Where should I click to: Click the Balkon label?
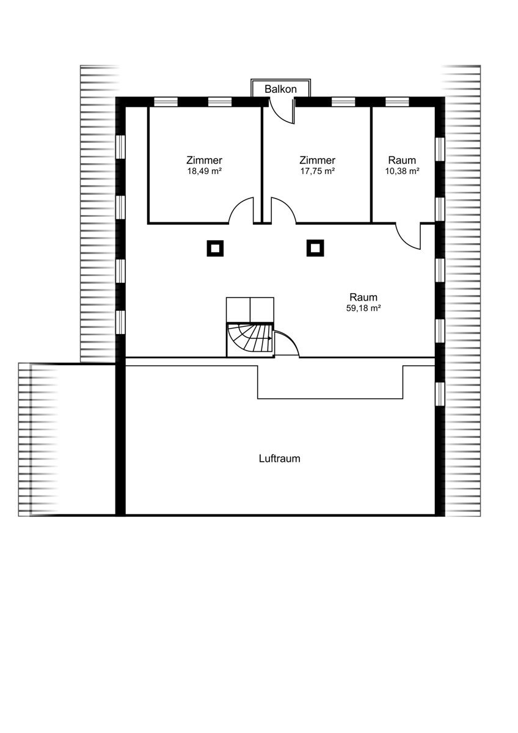(x=280, y=89)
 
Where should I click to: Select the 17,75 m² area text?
(x=318, y=171)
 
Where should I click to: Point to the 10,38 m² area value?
(x=402, y=171)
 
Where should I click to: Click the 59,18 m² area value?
(x=363, y=308)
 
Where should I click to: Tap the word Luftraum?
(x=279, y=459)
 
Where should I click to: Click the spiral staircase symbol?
(x=249, y=340)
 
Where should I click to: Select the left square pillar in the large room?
(x=215, y=249)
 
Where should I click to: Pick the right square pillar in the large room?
(x=315, y=248)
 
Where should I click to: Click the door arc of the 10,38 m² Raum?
(x=403, y=243)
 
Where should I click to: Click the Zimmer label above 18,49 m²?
(x=205, y=160)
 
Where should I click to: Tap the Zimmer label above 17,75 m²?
(x=318, y=160)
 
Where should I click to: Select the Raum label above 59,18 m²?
(x=363, y=297)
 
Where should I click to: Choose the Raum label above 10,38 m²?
(x=402, y=160)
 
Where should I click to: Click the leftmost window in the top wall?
(x=166, y=102)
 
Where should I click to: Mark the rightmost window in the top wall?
(x=397, y=102)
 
